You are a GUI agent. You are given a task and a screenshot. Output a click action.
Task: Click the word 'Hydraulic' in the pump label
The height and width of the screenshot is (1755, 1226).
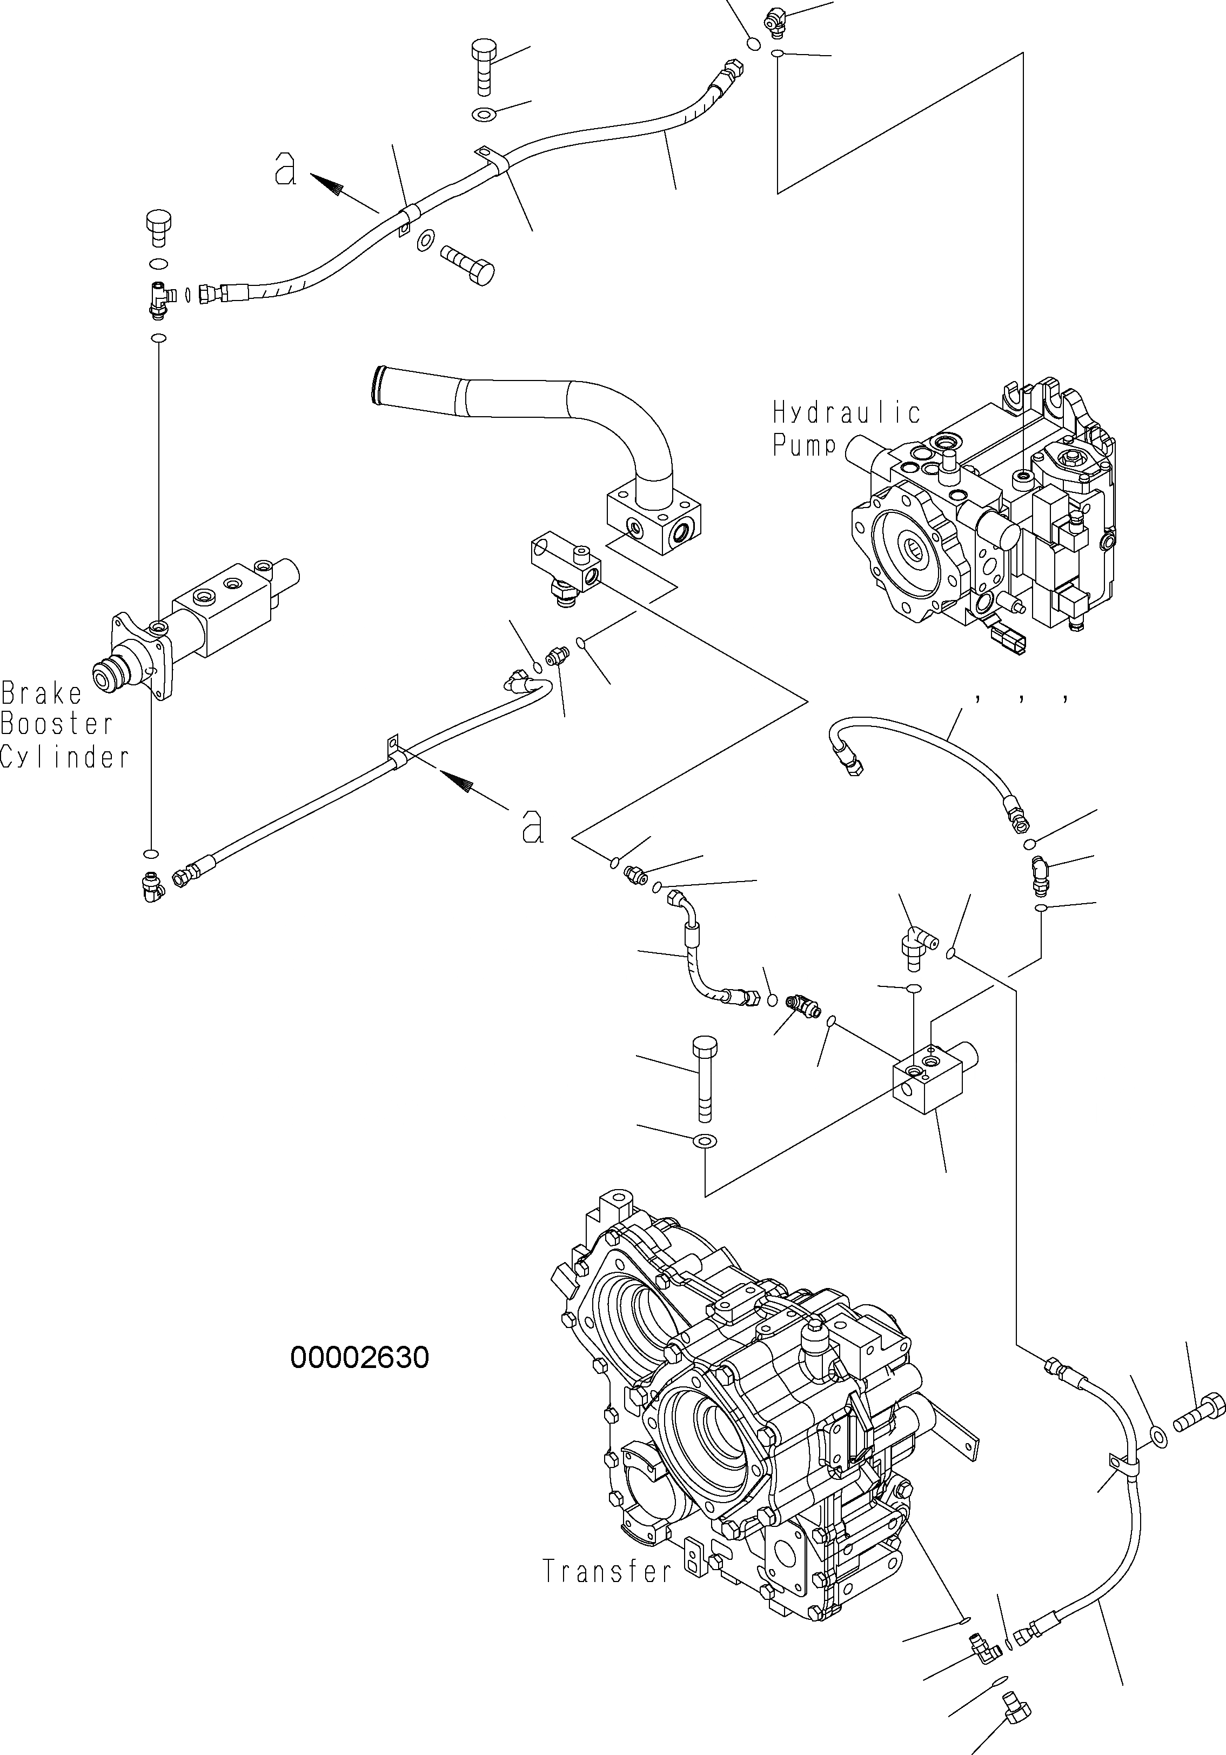(846, 413)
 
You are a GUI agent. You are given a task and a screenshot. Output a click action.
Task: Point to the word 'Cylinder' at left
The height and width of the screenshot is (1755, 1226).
(64, 757)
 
